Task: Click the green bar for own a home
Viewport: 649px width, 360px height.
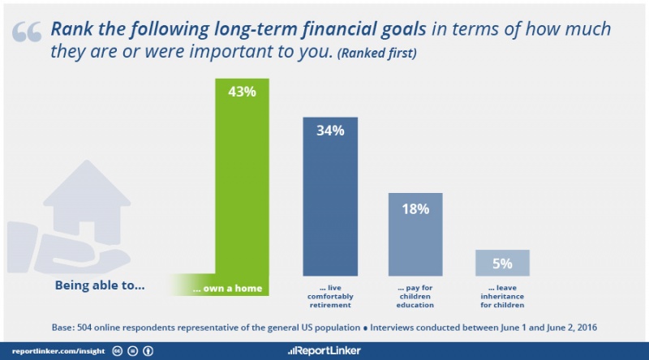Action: click(x=242, y=186)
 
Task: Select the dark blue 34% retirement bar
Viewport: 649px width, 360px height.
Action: click(x=330, y=196)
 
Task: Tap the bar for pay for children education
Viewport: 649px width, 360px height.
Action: click(x=415, y=234)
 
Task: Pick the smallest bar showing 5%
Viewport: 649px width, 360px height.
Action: click(x=502, y=263)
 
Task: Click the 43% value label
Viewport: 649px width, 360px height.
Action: click(x=242, y=92)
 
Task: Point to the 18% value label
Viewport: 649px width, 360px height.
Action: click(x=415, y=209)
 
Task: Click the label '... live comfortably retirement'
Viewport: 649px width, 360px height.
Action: click(x=330, y=296)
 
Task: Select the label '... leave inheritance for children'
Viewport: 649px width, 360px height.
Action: click(x=502, y=296)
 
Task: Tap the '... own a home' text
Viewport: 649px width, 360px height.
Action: click(x=227, y=289)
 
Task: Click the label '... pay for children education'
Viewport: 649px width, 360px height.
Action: click(x=415, y=296)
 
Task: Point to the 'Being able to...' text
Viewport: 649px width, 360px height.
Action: click(x=100, y=285)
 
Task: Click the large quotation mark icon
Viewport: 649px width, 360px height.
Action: click(x=27, y=32)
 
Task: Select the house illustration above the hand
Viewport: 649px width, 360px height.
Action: click(x=87, y=202)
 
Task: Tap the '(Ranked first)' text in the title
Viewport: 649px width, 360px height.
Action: click(x=377, y=54)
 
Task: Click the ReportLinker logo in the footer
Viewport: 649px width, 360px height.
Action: click(x=324, y=351)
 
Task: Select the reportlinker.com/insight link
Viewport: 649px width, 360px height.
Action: click(x=58, y=351)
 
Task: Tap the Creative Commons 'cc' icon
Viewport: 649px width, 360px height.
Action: click(x=118, y=351)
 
